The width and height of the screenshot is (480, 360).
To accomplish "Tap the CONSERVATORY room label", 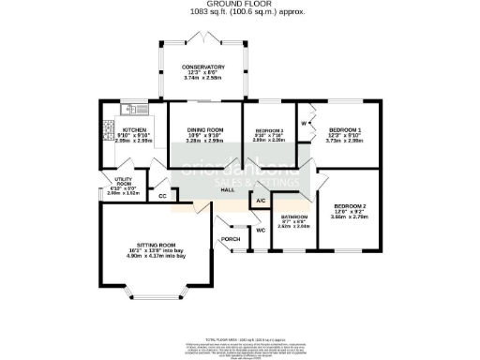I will pyautogui.click(x=203, y=67).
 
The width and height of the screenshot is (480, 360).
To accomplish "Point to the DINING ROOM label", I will pyautogui.click(x=203, y=128).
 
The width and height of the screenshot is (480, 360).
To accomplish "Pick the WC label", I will pyautogui.click(x=260, y=230).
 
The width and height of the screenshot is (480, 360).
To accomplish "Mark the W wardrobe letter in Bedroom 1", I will pyautogui.click(x=305, y=122).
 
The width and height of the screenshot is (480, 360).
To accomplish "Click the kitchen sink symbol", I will pyautogui.click(x=135, y=107).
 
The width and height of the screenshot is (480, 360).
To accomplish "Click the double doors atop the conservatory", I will pyautogui.click(x=203, y=35).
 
